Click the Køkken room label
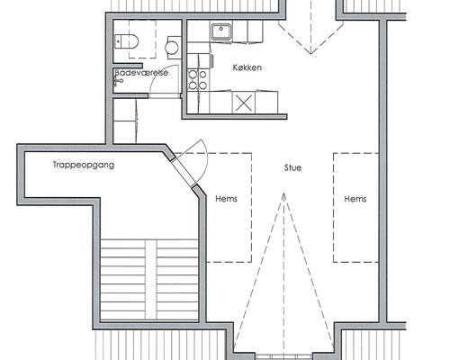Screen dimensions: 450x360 coord(247,67)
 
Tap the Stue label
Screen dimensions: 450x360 coord(292,167)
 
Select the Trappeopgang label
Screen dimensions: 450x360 coord(84,165)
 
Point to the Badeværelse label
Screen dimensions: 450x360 coord(141,73)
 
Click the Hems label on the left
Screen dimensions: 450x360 coord(226,199)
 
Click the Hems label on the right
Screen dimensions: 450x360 coord(355,199)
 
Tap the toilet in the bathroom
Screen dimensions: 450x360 coord(126,41)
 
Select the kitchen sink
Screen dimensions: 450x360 coord(221,32)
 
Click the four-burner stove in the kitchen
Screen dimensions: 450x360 coord(198,79)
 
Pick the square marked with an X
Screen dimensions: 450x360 coord(244,103)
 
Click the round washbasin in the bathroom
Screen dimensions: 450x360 coord(172,47)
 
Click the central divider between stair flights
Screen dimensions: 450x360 coord(151,280)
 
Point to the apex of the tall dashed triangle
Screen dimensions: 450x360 coord(283,193)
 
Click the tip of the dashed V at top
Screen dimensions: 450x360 coord(310,53)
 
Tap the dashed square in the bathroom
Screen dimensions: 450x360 coord(142,39)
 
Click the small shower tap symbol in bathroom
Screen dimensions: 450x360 coord(118,80)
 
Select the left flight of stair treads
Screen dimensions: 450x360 coord(123,280)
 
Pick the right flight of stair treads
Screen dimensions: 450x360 coord(177,280)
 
